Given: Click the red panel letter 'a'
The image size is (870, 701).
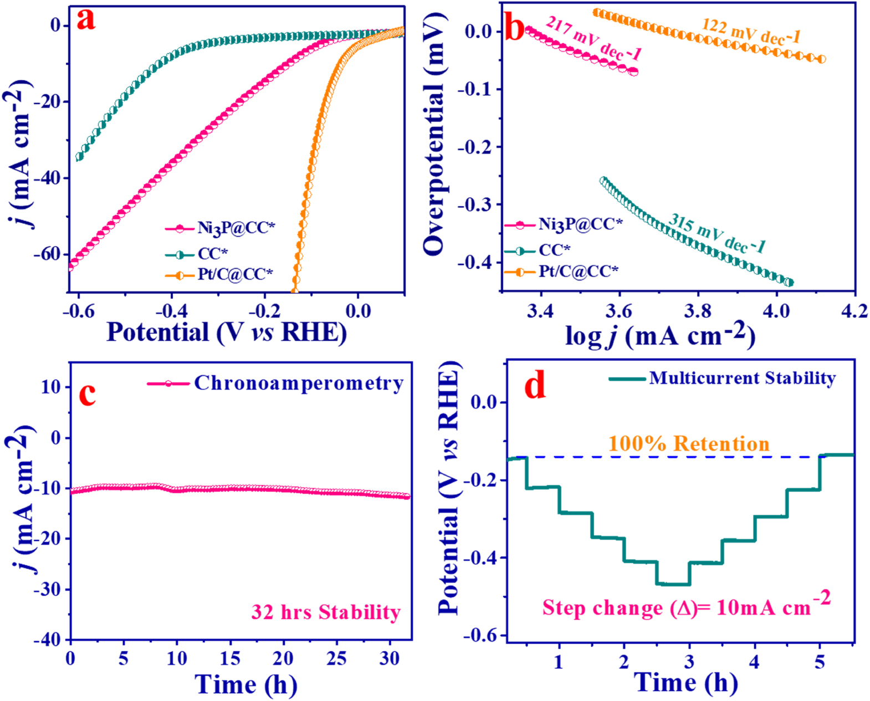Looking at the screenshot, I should (x=86, y=21).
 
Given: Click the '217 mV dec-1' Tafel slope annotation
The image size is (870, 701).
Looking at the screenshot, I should (x=594, y=38).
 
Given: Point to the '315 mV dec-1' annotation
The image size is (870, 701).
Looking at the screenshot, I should (x=717, y=233).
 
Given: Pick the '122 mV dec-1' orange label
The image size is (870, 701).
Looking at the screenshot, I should (x=751, y=31).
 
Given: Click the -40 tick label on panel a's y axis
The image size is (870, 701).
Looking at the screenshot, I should (x=47, y=178).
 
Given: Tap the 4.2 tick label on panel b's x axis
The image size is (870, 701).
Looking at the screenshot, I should (x=854, y=311).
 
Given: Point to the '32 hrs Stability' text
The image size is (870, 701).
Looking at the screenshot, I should (x=326, y=612).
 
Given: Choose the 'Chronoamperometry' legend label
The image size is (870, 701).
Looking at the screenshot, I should (x=299, y=383).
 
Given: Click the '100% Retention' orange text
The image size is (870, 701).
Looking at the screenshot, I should (x=689, y=444).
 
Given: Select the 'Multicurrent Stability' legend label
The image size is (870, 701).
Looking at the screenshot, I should (x=742, y=378).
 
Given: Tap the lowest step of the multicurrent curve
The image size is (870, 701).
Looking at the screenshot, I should (x=673, y=584).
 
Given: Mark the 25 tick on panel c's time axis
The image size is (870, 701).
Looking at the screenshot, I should (x=336, y=658).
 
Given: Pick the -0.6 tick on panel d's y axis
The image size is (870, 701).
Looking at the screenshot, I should (x=481, y=635).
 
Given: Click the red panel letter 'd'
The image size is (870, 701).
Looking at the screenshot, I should (x=535, y=386).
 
